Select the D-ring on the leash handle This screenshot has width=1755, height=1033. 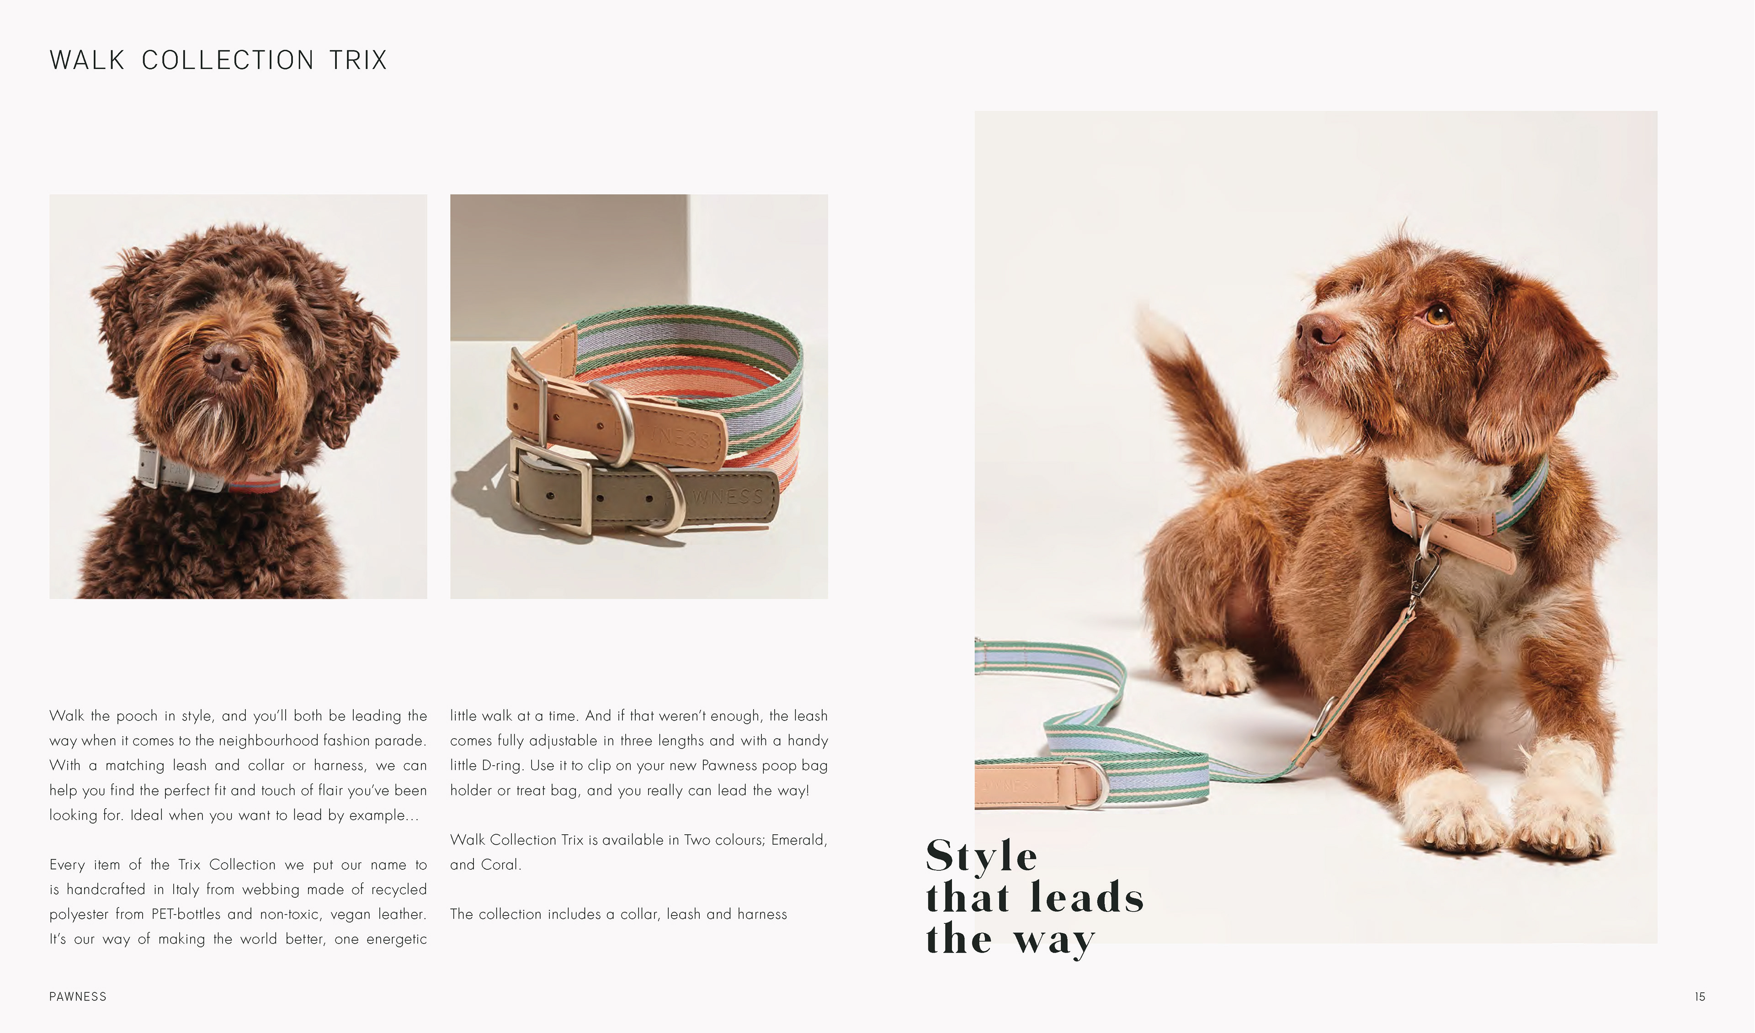click(x=1090, y=783)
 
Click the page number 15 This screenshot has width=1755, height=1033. click(x=1700, y=997)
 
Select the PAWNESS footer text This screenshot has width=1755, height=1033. click(x=78, y=997)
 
